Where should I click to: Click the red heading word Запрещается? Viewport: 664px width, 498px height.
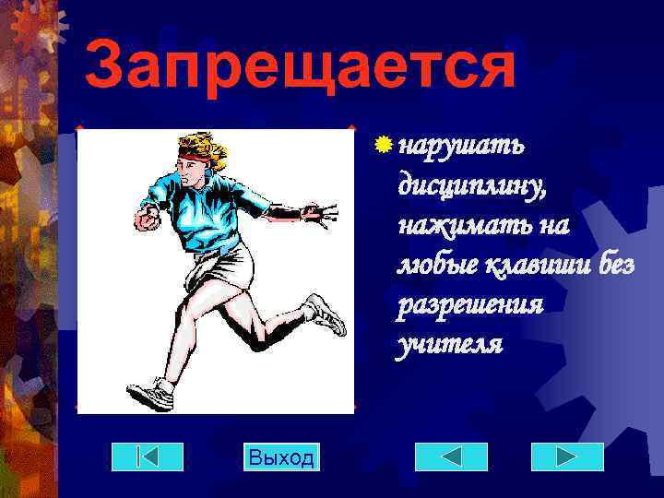coord(300,66)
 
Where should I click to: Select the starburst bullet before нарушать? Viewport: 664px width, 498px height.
coord(383,145)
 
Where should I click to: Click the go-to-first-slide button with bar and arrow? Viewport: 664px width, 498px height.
coord(147,456)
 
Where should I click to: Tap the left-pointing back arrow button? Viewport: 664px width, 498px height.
coord(451,456)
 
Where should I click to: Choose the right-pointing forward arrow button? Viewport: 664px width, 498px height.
coord(567,456)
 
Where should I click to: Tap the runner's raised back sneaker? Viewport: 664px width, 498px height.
coord(326,314)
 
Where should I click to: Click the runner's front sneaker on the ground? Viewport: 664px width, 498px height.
coord(151,395)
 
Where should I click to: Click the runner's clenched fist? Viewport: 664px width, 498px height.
coord(146,219)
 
